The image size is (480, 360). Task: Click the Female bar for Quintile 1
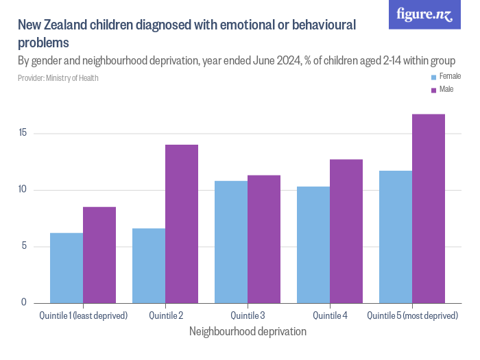click(x=67, y=267)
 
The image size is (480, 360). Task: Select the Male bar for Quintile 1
click(x=99, y=254)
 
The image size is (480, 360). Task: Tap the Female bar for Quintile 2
click(x=149, y=265)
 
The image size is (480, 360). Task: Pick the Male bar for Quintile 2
click(x=182, y=224)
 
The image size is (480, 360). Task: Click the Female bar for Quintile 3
click(x=231, y=241)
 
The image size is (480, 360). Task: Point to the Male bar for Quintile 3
click(x=264, y=239)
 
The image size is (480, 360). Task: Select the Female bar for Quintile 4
click(x=313, y=244)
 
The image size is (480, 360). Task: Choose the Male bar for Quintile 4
click(x=346, y=231)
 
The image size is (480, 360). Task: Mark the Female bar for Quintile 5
click(x=396, y=237)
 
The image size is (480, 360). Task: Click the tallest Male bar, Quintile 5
click(x=429, y=208)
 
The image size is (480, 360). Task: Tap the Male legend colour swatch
click(x=433, y=91)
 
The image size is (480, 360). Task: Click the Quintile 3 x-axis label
click(x=248, y=315)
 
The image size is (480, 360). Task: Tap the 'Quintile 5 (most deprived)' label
click(x=412, y=315)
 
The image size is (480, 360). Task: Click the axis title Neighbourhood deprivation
click(x=247, y=331)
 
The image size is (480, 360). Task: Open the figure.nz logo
click(x=424, y=15)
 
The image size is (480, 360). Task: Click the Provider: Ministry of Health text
click(x=58, y=78)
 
